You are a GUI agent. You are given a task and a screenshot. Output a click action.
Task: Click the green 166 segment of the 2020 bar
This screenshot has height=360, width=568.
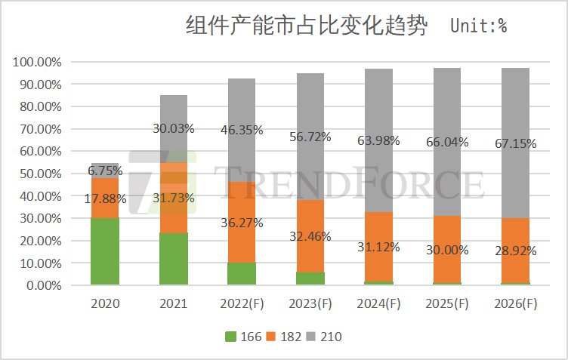(x=105, y=251)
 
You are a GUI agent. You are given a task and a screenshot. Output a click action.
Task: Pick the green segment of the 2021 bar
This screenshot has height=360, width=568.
(x=174, y=259)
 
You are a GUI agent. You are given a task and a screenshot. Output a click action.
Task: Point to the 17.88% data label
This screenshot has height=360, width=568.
(x=105, y=199)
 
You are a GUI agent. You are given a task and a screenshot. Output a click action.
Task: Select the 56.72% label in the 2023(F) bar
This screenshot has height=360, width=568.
(x=310, y=137)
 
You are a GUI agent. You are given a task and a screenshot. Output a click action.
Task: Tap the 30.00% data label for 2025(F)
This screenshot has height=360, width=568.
(x=448, y=250)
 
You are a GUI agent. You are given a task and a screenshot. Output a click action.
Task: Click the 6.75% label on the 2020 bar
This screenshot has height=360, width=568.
(x=105, y=171)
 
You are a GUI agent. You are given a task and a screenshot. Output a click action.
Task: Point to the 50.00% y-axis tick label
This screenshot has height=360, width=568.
(x=38, y=174)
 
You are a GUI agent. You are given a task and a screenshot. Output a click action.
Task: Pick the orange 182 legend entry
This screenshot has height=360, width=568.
(x=283, y=337)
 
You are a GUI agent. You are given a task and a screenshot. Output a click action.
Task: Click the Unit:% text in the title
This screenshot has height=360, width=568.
(x=478, y=26)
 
